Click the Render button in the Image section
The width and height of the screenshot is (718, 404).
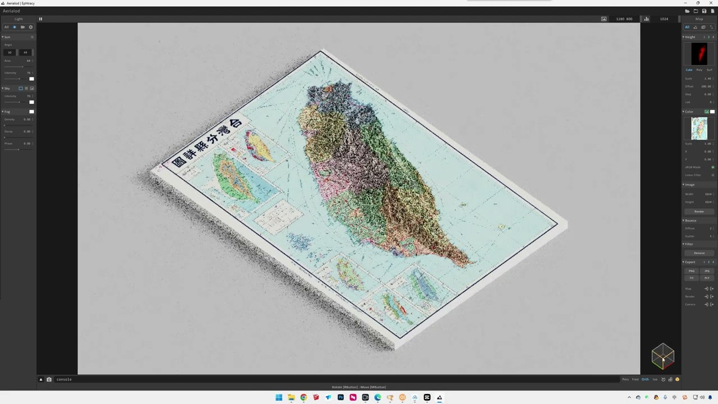(x=699, y=212)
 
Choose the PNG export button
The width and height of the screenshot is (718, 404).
(x=692, y=271)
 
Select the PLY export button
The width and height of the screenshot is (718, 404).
(x=707, y=278)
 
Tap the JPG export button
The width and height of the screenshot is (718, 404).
(x=707, y=271)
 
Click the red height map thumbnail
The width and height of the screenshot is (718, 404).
(x=699, y=54)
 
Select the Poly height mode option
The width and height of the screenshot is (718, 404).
(x=699, y=70)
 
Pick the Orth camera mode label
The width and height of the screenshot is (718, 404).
(x=645, y=379)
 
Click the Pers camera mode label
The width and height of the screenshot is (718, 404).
(x=625, y=379)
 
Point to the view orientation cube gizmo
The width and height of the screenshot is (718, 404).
(x=662, y=357)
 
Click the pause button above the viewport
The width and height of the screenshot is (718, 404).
(x=40, y=19)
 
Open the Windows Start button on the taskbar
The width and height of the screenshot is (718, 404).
(x=279, y=397)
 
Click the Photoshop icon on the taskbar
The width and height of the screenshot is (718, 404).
(x=340, y=397)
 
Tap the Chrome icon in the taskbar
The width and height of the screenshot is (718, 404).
(x=303, y=397)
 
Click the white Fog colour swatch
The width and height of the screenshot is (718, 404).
(x=31, y=112)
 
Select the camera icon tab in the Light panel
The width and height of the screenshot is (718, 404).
(x=22, y=27)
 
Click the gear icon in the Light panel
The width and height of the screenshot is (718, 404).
(x=31, y=27)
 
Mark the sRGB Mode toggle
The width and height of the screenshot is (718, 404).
(x=712, y=167)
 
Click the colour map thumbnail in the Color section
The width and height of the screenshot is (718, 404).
(x=699, y=128)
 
